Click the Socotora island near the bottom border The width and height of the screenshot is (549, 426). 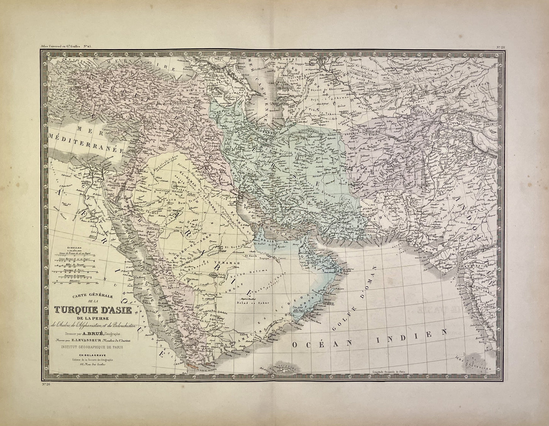coord(279,369)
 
